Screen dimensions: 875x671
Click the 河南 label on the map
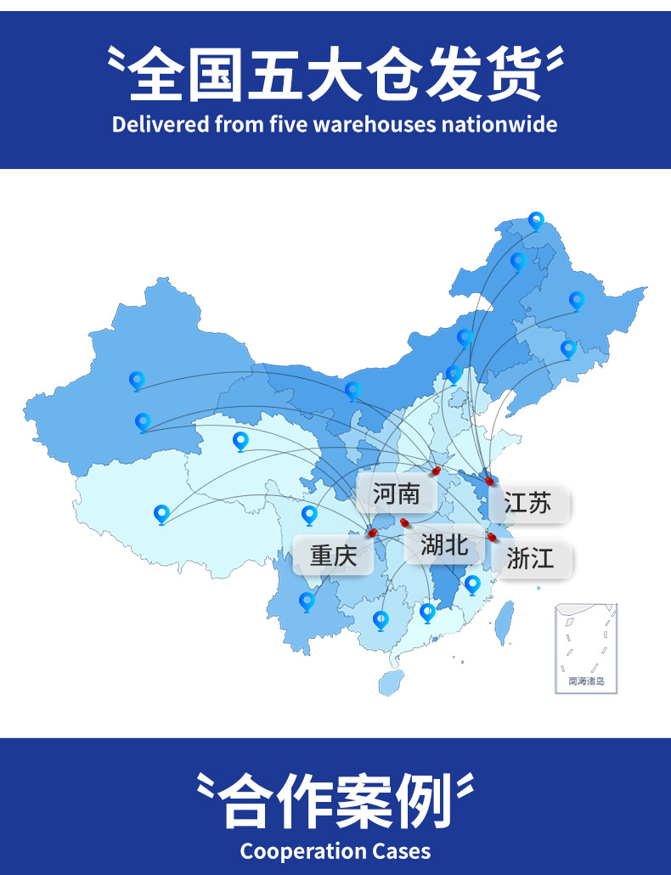point(397,493)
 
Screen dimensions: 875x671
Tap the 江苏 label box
point(527,503)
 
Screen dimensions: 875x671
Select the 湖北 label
point(444,545)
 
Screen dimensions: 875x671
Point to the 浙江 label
point(530,558)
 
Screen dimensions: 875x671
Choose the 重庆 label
point(333,556)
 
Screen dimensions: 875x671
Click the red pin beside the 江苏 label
point(490,481)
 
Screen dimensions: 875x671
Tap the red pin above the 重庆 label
point(372,533)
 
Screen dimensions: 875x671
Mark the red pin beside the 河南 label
point(437,470)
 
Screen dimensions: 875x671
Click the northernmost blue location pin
point(536,221)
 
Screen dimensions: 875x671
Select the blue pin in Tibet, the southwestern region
point(161,514)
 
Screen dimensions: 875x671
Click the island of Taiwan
point(504,620)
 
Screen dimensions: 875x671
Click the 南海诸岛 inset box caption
point(586,680)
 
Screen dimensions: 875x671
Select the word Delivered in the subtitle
point(161,124)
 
